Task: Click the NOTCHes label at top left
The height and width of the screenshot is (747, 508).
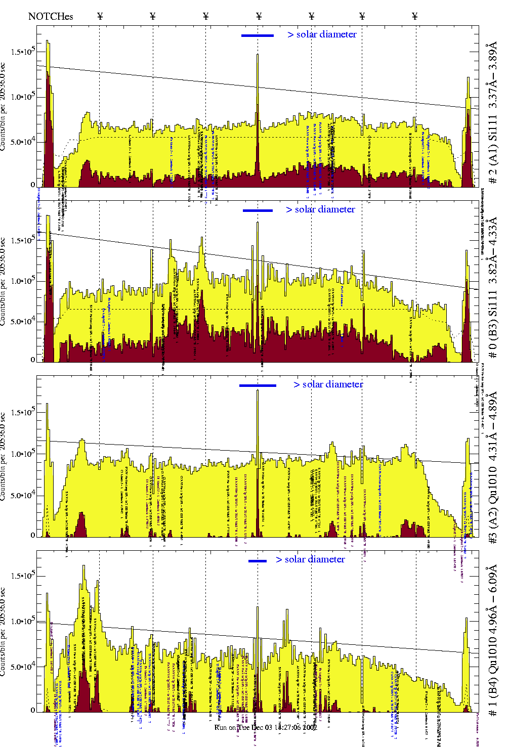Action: [51, 16]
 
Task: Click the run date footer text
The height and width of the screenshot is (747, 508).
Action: [266, 727]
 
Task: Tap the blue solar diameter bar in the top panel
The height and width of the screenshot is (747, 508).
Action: [258, 35]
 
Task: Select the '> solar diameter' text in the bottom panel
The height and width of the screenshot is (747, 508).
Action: [310, 559]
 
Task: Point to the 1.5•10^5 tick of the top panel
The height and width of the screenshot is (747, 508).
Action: [22, 52]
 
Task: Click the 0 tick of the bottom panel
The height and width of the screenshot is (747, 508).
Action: [33, 710]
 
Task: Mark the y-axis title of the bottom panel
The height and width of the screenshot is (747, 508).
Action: [4, 632]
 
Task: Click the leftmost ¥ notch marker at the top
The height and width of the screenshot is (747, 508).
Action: [100, 16]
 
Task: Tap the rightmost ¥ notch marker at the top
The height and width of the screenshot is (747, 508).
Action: [415, 16]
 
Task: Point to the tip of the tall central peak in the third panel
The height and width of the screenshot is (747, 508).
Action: [258, 390]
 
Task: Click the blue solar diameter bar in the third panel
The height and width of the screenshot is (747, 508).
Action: [258, 385]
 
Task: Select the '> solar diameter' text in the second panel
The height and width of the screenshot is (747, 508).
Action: [320, 209]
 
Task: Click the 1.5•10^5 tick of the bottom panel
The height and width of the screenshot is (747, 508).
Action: [22, 576]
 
